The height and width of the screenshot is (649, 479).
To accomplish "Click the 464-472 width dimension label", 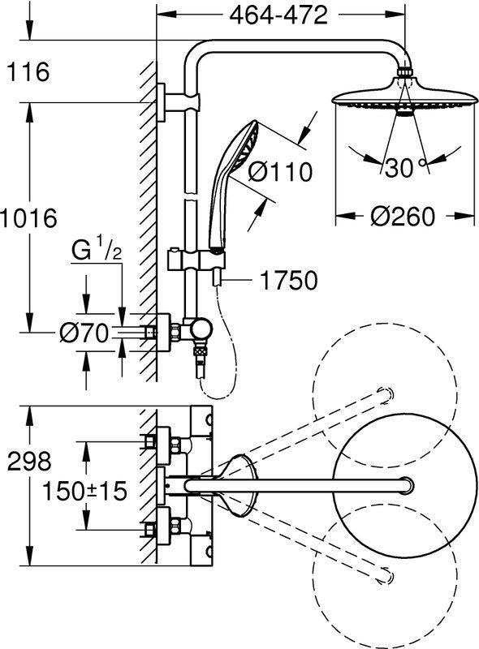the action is (278, 15).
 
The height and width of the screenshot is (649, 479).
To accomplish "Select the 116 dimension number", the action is (28, 71).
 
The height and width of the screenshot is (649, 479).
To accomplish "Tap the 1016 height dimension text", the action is (28, 218).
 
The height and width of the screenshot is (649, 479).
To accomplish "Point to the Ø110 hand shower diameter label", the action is (280, 171).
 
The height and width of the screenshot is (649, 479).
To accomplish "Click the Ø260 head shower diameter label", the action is (403, 217).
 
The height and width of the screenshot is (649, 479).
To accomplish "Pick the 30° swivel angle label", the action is (405, 168).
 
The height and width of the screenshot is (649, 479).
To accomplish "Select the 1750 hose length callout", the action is (288, 280).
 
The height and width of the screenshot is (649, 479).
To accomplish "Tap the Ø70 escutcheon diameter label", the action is (84, 333).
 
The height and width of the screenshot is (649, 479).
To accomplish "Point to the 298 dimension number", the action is (29, 461).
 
